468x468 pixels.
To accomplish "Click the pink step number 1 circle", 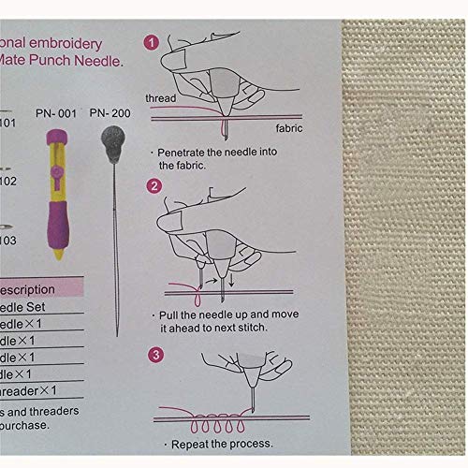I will [151, 42].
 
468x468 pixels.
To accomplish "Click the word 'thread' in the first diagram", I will [161, 97].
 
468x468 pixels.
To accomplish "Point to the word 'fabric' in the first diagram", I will [288, 127].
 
